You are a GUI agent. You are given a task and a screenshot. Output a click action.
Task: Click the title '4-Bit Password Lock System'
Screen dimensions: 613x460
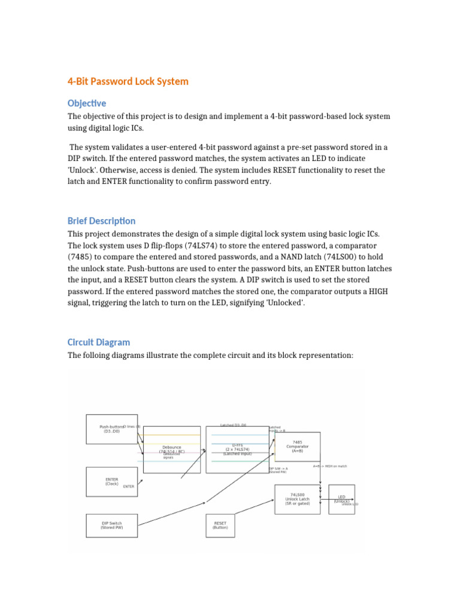pyautogui.click(x=128, y=81)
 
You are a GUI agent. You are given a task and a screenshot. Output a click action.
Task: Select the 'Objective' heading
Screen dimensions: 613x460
pyautogui.click(x=87, y=103)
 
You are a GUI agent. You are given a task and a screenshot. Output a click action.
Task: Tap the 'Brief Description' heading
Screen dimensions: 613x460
pyautogui.click(x=101, y=220)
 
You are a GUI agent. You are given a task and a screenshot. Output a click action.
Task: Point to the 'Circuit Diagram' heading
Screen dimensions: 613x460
pyautogui.click(x=98, y=342)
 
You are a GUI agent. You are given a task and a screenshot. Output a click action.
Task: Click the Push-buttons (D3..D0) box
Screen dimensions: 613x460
pyautogui.click(x=111, y=429)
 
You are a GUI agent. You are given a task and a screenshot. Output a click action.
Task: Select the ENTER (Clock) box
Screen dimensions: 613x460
pyautogui.click(x=111, y=481)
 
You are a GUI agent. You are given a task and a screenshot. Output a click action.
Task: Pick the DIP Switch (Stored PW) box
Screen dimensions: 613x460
pyautogui.click(x=111, y=525)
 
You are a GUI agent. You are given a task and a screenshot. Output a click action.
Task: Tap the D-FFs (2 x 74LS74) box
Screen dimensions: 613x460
pyautogui.click(x=237, y=449)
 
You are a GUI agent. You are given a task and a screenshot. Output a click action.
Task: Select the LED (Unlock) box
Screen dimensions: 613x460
pyautogui.click(x=341, y=499)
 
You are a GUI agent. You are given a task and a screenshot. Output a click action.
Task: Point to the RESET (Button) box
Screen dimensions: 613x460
pyautogui.click(x=220, y=525)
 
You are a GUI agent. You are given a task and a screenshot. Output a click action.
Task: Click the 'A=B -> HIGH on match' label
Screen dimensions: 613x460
pyautogui.click(x=329, y=466)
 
